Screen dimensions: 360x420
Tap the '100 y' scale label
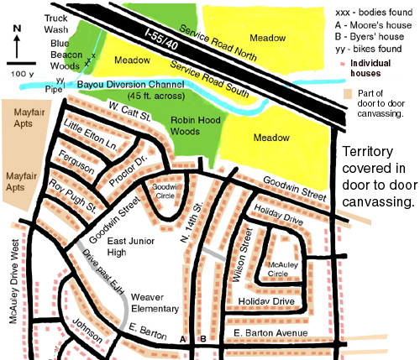pos(21,75)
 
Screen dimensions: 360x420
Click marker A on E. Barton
pos(182,338)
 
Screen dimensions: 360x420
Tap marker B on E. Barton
pos(203,338)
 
